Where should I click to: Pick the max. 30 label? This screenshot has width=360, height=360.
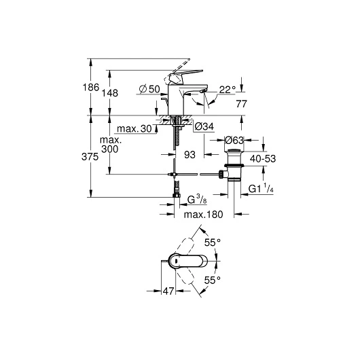click(132, 129)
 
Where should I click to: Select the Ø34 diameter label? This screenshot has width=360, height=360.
click(204, 126)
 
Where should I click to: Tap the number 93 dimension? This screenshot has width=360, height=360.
click(190, 155)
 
